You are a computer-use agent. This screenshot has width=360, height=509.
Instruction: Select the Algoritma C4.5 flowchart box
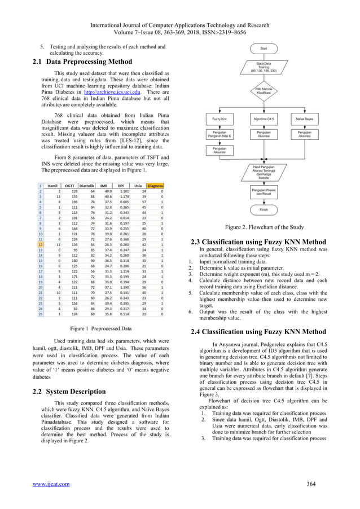pos(264,119)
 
